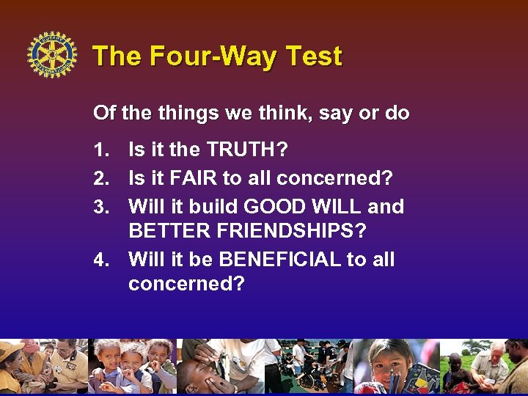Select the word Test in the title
[313, 56]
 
